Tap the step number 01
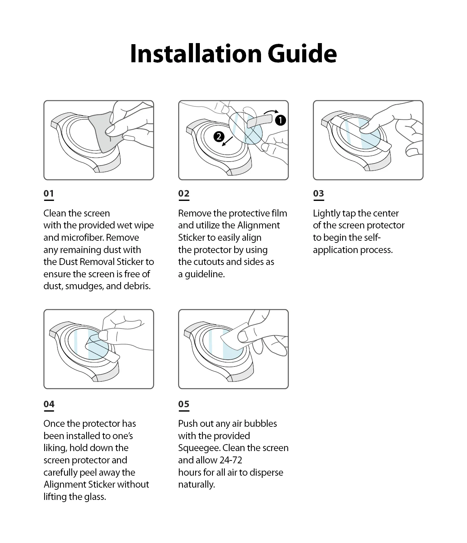pyautogui.click(x=49, y=193)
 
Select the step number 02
pyautogui.click(x=184, y=193)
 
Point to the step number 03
pyautogui.click(x=318, y=193)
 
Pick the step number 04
pyautogui.click(x=49, y=404)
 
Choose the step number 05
pyautogui.click(x=184, y=404)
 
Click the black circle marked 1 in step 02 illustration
pyautogui.click(x=280, y=120)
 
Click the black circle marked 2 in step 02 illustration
pyautogui.click(x=219, y=136)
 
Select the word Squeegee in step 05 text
pyautogui.click(x=199, y=448)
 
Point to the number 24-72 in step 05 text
pyautogui.click(x=231, y=460)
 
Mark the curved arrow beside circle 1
pyautogui.click(x=271, y=112)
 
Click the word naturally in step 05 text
pyautogui.click(x=196, y=484)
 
